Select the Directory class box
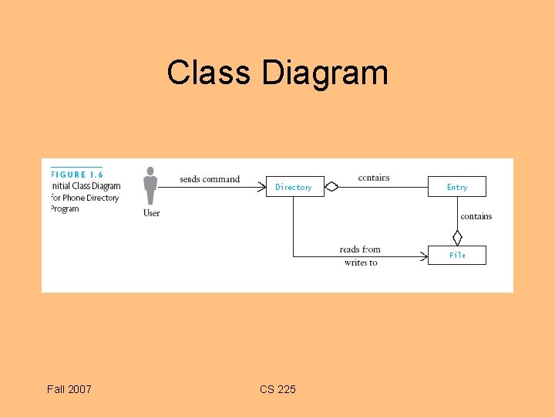point(294,187)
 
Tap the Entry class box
point(457,187)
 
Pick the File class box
point(457,255)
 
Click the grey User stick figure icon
point(150,185)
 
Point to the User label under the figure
point(151,213)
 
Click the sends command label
point(210,179)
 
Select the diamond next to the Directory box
point(331,186)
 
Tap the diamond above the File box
point(457,237)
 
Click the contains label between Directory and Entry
point(374,178)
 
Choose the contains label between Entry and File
point(476,216)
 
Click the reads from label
point(360,249)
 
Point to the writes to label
point(361,263)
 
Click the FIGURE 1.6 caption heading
point(77,175)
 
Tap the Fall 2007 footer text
point(69,389)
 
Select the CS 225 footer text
point(277,389)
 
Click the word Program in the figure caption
point(66,208)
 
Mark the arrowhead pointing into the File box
point(424,256)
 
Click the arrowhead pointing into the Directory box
point(262,186)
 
